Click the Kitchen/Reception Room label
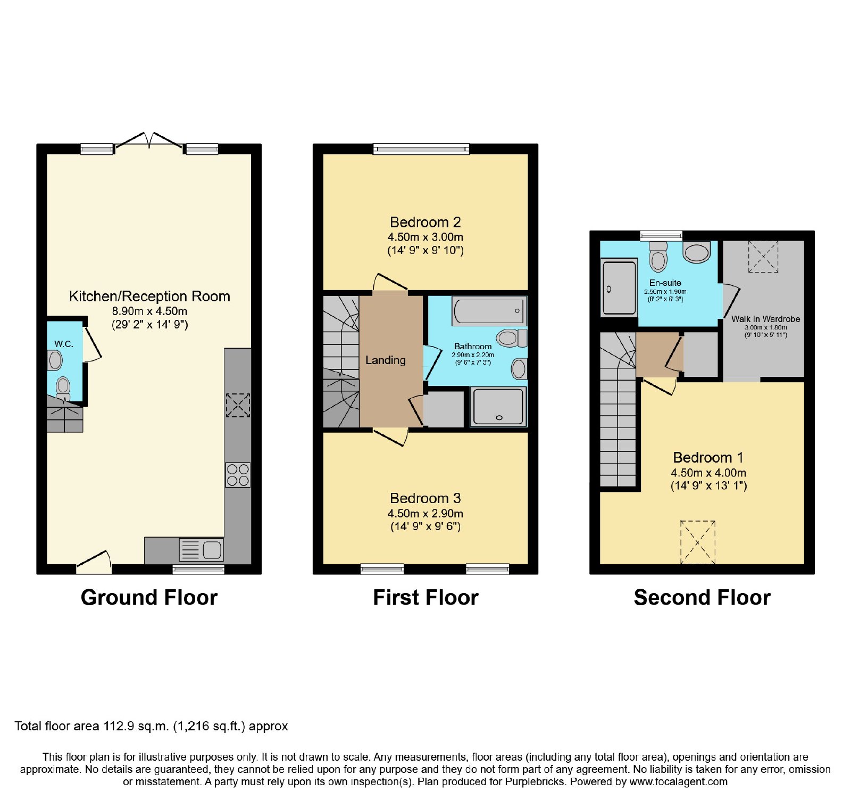click(x=149, y=296)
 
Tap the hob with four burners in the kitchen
click(x=238, y=475)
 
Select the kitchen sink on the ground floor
click(x=202, y=550)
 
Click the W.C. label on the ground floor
click(x=64, y=344)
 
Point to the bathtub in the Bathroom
click(x=489, y=310)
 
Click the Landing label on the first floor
click(x=386, y=360)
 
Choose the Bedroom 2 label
click(x=425, y=222)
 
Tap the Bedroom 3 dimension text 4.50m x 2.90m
click(x=425, y=514)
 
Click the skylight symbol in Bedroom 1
click(x=698, y=542)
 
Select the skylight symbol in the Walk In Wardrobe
click(x=763, y=257)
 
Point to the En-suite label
click(x=665, y=283)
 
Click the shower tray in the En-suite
click(x=619, y=287)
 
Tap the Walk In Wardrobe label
click(x=765, y=319)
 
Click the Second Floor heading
click(x=702, y=598)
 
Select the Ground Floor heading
click(x=149, y=598)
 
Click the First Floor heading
click(x=425, y=598)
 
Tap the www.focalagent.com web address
click(x=678, y=782)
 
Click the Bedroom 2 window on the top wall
click(x=421, y=149)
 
